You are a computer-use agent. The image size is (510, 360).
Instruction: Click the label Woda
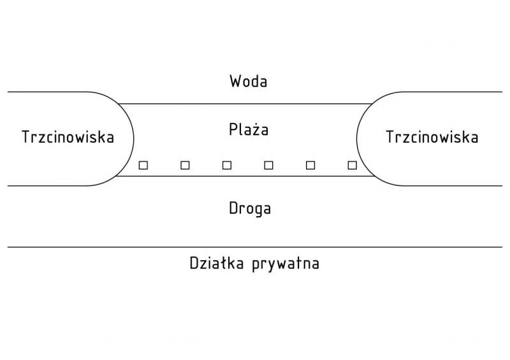click(249, 82)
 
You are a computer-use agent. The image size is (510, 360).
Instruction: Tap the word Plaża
click(249, 130)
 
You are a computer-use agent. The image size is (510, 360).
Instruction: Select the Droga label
click(249, 208)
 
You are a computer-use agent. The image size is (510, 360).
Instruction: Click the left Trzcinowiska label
click(68, 137)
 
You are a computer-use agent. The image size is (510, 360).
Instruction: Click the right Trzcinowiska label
click(432, 137)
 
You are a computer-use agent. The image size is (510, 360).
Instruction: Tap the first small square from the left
click(143, 165)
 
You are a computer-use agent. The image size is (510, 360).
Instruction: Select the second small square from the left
click(185, 165)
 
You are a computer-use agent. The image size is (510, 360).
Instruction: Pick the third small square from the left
click(227, 165)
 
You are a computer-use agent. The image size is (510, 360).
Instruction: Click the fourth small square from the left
click(268, 165)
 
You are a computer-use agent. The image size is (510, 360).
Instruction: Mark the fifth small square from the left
click(310, 165)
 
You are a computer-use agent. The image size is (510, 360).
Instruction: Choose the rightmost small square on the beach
click(352, 165)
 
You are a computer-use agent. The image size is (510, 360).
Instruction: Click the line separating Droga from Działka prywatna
click(255, 247)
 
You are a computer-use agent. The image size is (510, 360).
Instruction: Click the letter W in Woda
click(235, 82)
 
